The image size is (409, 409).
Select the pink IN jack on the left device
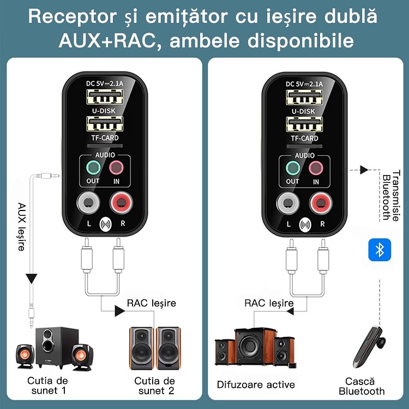pos(116,167)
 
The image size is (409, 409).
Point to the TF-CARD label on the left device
pos(104,138)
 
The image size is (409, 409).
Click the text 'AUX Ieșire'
pos(21,227)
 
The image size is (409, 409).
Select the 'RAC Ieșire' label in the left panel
pos(152,303)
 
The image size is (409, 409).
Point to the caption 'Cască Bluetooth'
pos(362,386)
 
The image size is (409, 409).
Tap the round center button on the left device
pos(105,224)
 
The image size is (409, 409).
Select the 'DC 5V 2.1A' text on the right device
pos(304,83)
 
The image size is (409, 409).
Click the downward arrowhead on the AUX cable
pos(32,278)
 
